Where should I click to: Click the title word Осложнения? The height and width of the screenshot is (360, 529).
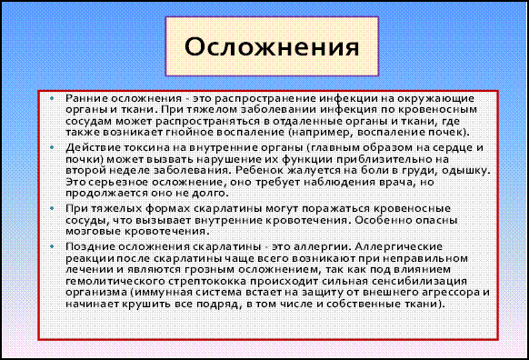[x=272, y=46]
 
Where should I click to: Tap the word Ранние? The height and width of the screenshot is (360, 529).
[x=86, y=98]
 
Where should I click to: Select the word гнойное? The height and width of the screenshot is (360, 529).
[x=190, y=132]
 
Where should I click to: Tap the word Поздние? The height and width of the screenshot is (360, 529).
[x=86, y=246]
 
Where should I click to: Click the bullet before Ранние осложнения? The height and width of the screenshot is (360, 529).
[x=52, y=98]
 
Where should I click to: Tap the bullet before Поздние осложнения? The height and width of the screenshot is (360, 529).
[x=52, y=246]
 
